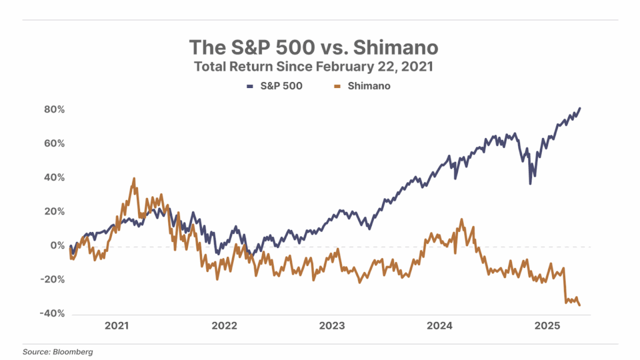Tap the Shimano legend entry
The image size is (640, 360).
362,86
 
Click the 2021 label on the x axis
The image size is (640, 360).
116,326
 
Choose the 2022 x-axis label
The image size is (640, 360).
224,326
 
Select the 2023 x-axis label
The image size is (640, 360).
332,326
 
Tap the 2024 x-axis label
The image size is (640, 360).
440,326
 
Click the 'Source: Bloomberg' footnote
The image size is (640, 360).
57,352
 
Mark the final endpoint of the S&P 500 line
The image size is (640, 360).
579,108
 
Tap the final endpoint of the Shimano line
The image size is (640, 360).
579,305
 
